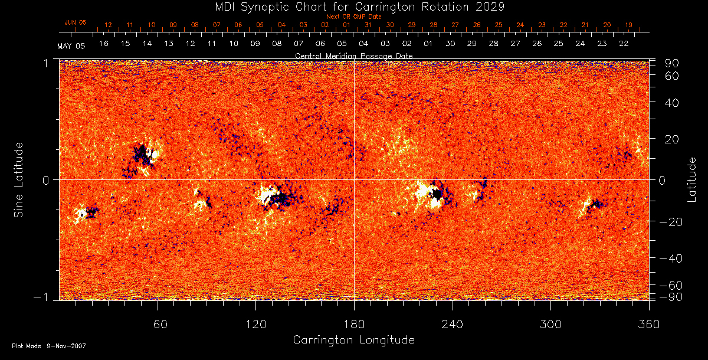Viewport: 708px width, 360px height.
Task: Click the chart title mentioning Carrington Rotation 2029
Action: [353, 7]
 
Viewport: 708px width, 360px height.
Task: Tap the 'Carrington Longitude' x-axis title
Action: [353, 340]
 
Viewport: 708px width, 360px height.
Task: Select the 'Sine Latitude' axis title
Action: [19, 179]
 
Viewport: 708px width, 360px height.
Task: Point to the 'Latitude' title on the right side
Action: [691, 179]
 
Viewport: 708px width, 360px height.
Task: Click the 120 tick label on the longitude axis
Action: [255, 325]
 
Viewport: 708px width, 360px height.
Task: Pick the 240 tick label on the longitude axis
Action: [452, 325]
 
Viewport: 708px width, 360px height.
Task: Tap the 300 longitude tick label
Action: [550, 325]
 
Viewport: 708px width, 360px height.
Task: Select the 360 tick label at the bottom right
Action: [648, 325]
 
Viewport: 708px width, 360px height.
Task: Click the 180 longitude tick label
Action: [353, 325]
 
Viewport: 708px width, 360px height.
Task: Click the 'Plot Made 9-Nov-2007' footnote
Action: [49, 346]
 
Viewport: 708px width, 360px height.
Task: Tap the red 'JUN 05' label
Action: [75, 22]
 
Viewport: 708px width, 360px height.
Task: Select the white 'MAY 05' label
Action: [71, 46]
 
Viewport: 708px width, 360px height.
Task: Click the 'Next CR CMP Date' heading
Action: [353, 17]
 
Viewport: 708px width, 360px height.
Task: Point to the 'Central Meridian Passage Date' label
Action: [353, 55]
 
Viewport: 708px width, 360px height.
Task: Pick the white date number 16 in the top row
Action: [104, 44]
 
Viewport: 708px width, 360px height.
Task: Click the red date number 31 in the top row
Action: [368, 25]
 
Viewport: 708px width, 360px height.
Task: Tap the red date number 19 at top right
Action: [629, 25]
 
